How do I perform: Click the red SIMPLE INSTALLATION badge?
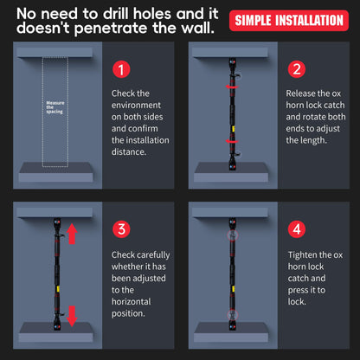tap(289, 21)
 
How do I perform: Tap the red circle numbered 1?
tap(121, 69)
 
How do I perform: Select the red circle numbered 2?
tap(297, 69)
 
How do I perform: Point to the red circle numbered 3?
tap(121, 229)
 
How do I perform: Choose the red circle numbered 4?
tap(297, 229)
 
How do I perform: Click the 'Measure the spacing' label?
tap(55, 107)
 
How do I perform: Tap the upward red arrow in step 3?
tap(72, 234)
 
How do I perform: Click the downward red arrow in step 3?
tap(72, 316)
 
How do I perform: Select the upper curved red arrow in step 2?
tap(232, 87)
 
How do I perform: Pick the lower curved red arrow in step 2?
tap(232, 141)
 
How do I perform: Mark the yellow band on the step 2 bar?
tap(233, 129)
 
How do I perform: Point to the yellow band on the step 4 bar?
tap(233, 289)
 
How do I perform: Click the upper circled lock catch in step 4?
tap(233, 235)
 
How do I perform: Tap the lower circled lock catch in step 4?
tap(233, 315)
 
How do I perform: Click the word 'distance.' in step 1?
tap(129, 151)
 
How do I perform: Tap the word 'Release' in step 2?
tap(298, 93)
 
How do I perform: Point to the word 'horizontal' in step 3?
tap(132, 302)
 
